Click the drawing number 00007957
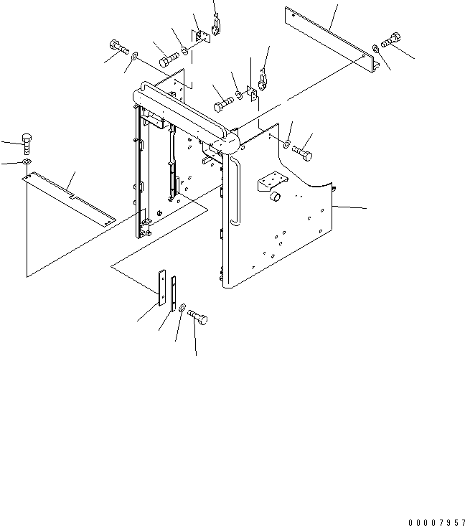(x=436, y=522)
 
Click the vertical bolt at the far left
(x=27, y=144)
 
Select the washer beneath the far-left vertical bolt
(x=27, y=162)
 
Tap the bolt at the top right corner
(x=391, y=40)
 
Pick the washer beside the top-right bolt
(x=376, y=48)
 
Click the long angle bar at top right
(x=332, y=39)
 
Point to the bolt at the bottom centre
(x=197, y=316)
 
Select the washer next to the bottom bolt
(x=182, y=307)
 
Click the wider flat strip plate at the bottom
(x=162, y=287)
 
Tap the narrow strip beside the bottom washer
(x=174, y=293)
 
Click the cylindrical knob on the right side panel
(x=276, y=197)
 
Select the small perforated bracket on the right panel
(x=271, y=181)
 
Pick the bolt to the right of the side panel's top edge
(x=302, y=152)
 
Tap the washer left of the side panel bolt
(x=286, y=144)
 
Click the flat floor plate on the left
(x=69, y=199)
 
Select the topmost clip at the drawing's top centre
(x=216, y=26)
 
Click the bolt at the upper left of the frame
(x=119, y=47)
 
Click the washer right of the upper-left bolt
(x=133, y=56)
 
